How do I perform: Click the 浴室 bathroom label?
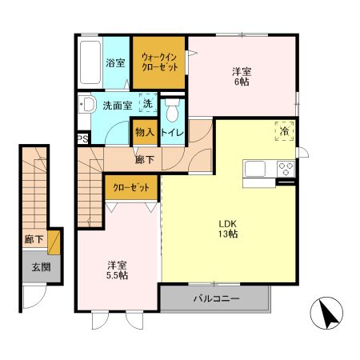(115, 63)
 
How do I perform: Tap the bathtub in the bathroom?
(90, 62)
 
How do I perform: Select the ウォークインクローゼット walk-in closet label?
(159, 62)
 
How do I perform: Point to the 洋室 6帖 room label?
(242, 77)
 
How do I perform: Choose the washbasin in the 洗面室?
(87, 104)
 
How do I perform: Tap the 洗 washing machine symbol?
(148, 103)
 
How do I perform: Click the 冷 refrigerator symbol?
(285, 131)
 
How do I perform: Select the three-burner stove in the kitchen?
(286, 169)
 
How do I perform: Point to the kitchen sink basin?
(255, 169)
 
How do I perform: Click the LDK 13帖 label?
(228, 229)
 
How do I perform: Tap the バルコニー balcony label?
(216, 298)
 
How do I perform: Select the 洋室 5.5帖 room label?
(117, 270)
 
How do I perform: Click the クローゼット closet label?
(131, 188)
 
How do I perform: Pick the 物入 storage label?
(145, 132)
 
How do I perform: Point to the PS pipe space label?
(83, 139)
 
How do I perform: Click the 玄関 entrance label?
(42, 267)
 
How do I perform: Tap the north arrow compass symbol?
(326, 313)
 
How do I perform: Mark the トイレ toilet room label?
(173, 133)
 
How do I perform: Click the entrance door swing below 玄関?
(35, 298)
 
